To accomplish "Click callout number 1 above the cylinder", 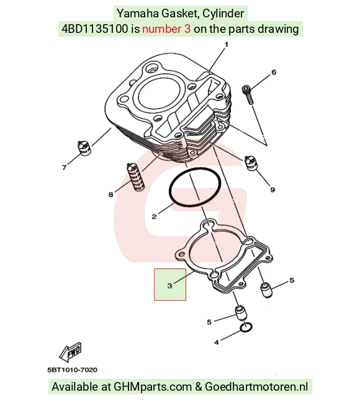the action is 226,45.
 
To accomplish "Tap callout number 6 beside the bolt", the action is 274,72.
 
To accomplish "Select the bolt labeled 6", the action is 248,94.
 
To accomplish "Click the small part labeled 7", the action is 84,148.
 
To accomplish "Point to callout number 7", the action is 65,167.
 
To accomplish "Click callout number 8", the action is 110,195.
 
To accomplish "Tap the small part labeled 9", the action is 251,162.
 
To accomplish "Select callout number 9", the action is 272,190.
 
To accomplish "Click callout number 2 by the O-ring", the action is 154,217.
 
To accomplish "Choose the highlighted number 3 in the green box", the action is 170,286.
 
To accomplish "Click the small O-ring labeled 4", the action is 246,327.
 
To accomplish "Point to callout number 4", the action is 217,342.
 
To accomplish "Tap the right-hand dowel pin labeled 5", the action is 267,290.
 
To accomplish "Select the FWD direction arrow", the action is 70,352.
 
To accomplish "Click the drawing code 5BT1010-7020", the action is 72,370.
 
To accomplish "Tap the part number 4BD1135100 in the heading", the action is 94,29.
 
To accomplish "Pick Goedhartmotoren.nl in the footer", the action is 256,387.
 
